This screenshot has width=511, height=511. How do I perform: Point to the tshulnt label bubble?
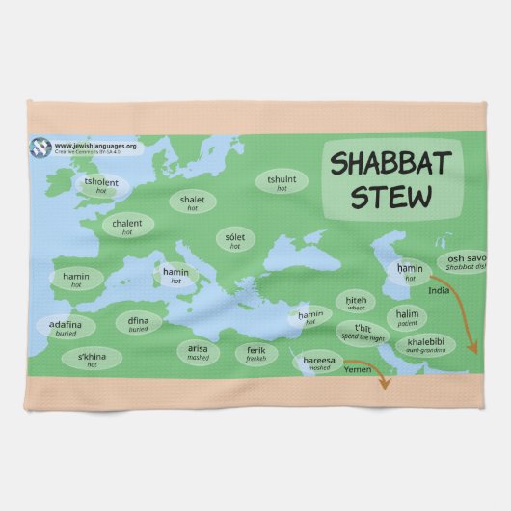point(282,182)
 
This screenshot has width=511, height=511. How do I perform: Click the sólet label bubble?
point(234,240)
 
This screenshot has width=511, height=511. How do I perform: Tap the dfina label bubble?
point(139,323)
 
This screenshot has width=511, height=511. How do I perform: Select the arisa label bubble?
point(198,352)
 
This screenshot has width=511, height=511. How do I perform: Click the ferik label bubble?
point(255,353)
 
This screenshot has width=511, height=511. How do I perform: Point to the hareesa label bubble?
point(319,363)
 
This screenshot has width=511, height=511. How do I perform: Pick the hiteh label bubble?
point(356,303)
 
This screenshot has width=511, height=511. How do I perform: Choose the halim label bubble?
point(406,316)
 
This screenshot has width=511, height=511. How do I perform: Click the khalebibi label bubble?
point(425,345)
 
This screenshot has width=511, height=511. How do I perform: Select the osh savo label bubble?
point(466,262)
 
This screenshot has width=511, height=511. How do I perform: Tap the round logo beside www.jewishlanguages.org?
point(41,148)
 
